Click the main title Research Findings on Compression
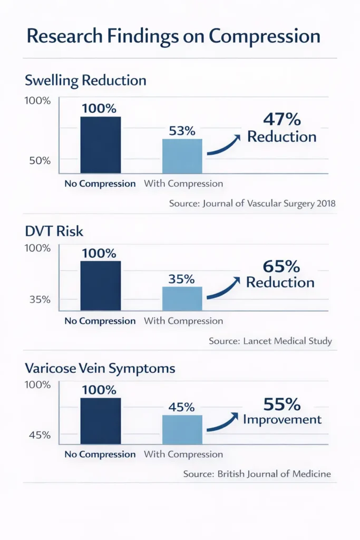(x=173, y=36)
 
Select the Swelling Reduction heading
(x=85, y=81)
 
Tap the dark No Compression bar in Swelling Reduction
(x=100, y=145)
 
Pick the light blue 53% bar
(x=182, y=156)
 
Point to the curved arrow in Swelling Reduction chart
(x=224, y=146)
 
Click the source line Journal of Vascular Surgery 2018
(x=252, y=203)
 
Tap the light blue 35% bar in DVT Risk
(x=182, y=298)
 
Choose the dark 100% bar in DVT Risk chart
(x=100, y=286)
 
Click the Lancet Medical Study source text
(x=270, y=341)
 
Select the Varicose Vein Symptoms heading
(x=100, y=368)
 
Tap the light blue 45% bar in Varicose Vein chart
(x=182, y=430)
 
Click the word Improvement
(x=282, y=419)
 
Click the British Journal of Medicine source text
(x=257, y=474)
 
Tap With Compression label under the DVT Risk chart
(x=183, y=321)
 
